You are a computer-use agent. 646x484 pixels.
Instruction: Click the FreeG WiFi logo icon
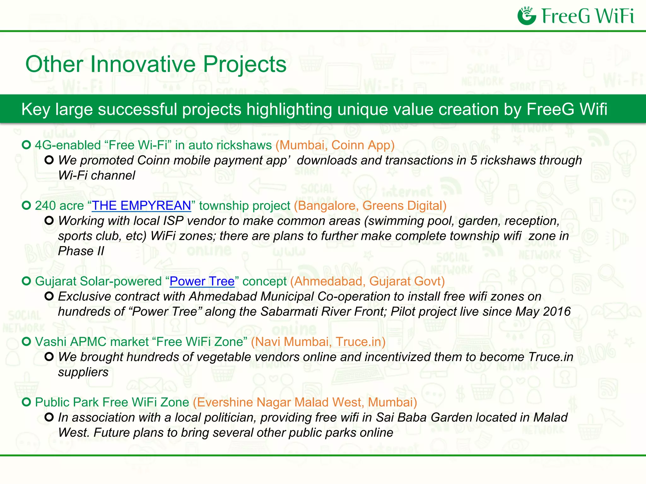pos(526,16)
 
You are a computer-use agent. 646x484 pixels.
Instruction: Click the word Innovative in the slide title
pos(144,64)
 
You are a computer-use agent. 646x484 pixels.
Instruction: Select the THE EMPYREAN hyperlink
pos(141,206)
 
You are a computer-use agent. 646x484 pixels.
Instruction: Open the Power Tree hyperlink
pos(202,281)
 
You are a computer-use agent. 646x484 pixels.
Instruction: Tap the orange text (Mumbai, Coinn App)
pos(335,145)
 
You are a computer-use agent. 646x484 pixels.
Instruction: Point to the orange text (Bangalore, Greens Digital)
pos(370,206)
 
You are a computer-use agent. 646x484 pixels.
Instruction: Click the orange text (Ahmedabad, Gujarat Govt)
pos(367,281)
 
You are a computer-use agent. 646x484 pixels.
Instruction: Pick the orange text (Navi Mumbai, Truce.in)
pos(318,342)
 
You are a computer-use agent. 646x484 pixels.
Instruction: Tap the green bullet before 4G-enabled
pos(26,145)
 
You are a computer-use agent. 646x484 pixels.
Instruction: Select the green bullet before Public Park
pos(26,402)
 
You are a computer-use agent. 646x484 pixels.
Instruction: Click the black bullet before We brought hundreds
pos(49,357)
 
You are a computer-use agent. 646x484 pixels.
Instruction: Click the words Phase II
pos(81,251)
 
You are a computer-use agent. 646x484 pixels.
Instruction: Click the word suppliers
pos(83,372)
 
